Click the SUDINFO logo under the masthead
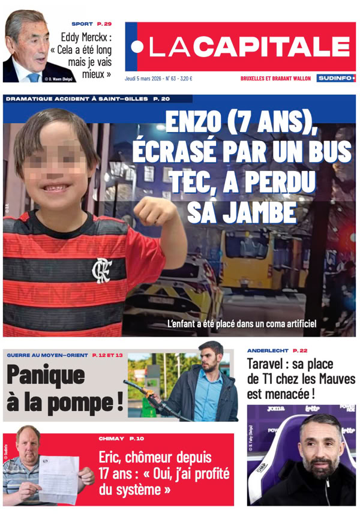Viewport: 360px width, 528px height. [x=335, y=78]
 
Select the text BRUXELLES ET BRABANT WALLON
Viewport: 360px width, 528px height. [x=275, y=78]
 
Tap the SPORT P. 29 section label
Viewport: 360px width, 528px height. [x=91, y=24]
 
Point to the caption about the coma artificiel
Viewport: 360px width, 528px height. [x=241, y=324]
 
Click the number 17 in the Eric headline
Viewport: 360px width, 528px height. [x=108, y=475]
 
